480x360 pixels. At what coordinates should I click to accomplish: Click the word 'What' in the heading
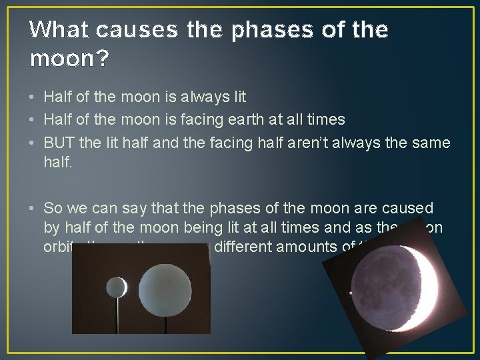click(59, 30)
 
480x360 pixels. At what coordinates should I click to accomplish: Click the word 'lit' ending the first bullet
click(239, 97)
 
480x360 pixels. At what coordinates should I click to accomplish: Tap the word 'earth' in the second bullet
click(244, 120)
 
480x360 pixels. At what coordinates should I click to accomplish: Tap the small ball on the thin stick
click(117, 287)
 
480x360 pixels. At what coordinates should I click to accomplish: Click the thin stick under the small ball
click(118, 313)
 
